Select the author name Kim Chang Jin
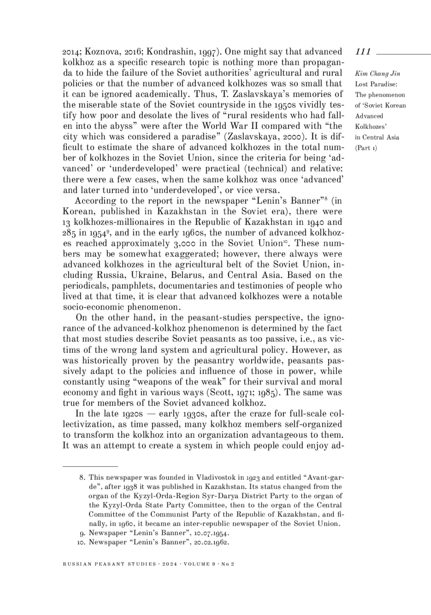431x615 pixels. pos(377,74)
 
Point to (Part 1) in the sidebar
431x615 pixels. pos(366,148)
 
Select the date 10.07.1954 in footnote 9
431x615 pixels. pos(210,533)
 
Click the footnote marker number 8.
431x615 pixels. pos(82,478)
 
